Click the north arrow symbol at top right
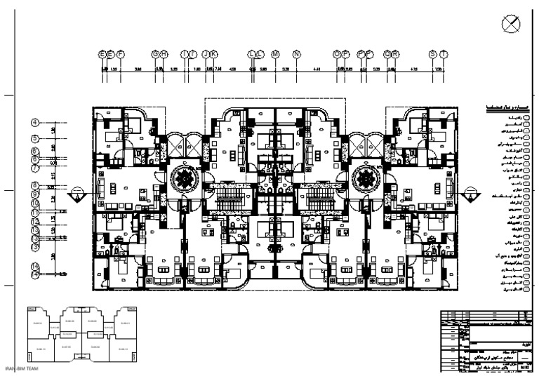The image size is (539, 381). tap(512, 23)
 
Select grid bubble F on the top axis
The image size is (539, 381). tap(121, 54)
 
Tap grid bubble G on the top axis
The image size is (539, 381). tap(156, 54)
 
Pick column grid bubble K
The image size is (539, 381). tap(214, 54)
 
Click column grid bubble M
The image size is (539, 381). tap(275, 54)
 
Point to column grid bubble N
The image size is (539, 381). tap(296, 54)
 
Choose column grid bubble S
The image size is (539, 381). tap(433, 54)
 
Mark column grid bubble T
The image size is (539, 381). tap(444, 54)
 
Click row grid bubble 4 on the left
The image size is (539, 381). tap(35, 122)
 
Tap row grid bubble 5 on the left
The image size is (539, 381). tap(35, 139)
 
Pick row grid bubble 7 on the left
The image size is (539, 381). tap(35, 168)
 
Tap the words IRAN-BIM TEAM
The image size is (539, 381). tap(21, 368)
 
